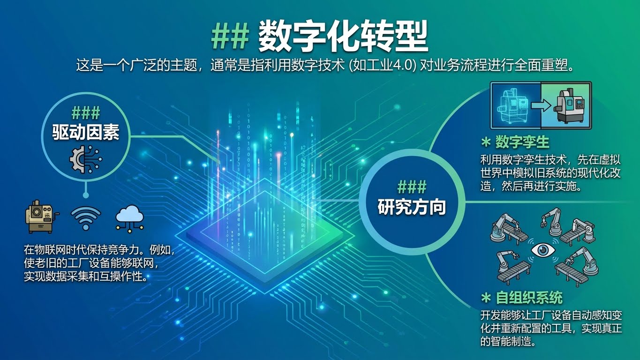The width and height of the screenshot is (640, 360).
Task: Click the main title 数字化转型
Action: pyautogui.click(x=343, y=37)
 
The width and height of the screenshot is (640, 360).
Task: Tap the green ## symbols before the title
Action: pyautogui.click(x=230, y=37)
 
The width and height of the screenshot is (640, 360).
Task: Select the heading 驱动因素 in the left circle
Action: pyautogui.click(x=86, y=133)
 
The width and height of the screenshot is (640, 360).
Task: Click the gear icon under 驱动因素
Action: pyautogui.click(x=85, y=159)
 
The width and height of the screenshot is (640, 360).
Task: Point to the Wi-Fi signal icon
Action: pyautogui.click(x=86, y=218)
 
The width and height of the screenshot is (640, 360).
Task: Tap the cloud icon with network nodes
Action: pyautogui.click(x=130, y=218)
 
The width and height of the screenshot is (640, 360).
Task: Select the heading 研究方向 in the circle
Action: pyautogui.click(x=412, y=207)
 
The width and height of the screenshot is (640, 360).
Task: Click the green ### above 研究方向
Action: pyautogui.click(x=412, y=187)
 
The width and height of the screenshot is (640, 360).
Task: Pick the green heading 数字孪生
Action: pyautogui.click(x=522, y=142)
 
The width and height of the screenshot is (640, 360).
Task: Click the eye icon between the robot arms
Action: pyautogui.click(x=543, y=250)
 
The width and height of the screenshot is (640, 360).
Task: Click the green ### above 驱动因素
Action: pyautogui.click(x=86, y=113)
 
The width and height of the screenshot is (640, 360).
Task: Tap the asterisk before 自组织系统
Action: pyautogui.click(x=486, y=298)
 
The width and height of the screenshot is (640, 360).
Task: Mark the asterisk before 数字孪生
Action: pyautogui.click(x=486, y=142)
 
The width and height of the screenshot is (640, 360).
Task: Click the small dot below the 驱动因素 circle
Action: pyautogui.click(x=86, y=195)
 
